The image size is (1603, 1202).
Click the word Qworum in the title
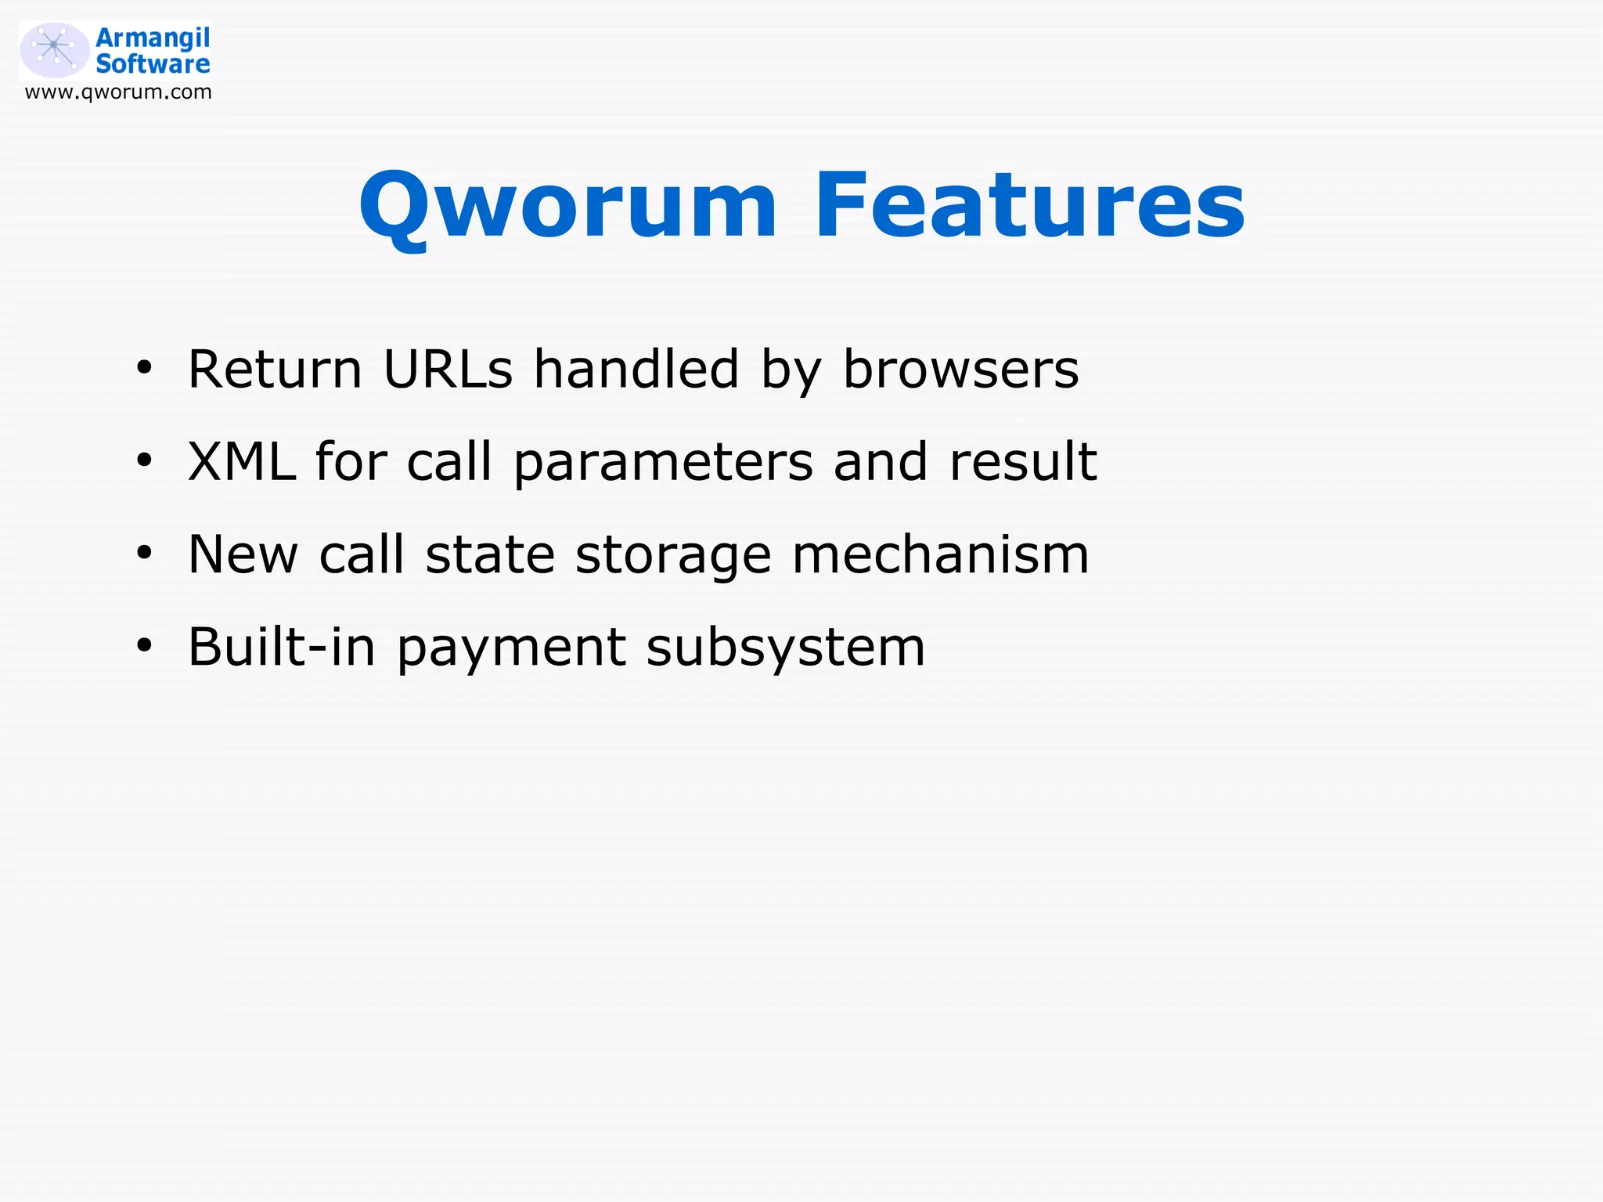(568, 205)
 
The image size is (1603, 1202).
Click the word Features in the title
(1029, 205)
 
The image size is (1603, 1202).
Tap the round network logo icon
(54, 50)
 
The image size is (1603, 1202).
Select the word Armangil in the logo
(153, 38)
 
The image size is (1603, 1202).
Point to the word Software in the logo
(153, 64)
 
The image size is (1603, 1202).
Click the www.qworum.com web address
(118, 92)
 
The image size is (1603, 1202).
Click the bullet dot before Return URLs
(144, 367)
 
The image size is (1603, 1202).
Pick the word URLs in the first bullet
(448, 369)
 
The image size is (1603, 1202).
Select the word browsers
(960, 369)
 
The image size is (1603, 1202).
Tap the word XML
(242, 461)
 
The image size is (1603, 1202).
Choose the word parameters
(663, 463)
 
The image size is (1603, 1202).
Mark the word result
(1023, 461)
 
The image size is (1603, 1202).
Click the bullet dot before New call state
(144, 553)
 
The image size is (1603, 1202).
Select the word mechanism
(940, 554)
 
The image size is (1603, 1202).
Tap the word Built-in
(282, 647)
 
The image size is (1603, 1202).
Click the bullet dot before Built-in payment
(144, 646)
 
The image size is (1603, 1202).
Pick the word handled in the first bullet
(636, 369)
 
